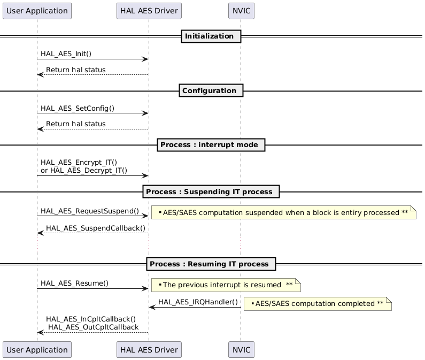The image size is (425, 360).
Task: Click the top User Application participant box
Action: click(37, 11)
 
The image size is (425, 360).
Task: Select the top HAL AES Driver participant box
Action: click(149, 11)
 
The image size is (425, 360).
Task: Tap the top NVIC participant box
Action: click(241, 11)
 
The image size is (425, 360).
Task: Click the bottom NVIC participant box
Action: click(241, 349)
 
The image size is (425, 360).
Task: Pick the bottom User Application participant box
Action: click(37, 349)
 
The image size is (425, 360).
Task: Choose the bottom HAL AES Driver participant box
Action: click(149, 349)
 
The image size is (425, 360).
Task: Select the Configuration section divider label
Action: click(211, 90)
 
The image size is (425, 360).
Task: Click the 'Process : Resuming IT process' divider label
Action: click(211, 264)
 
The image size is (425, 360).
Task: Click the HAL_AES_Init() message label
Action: click(66, 54)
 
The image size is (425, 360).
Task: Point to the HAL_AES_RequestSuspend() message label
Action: click(90, 211)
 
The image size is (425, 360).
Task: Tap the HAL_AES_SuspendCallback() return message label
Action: click(96, 228)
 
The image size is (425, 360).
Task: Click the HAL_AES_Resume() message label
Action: click(75, 284)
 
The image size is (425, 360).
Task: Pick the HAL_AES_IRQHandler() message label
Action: click(198, 302)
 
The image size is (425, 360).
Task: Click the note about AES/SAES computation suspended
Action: click(283, 213)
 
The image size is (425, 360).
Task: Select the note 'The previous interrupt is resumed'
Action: click(226, 285)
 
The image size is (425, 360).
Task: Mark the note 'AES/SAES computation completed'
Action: click(318, 304)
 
